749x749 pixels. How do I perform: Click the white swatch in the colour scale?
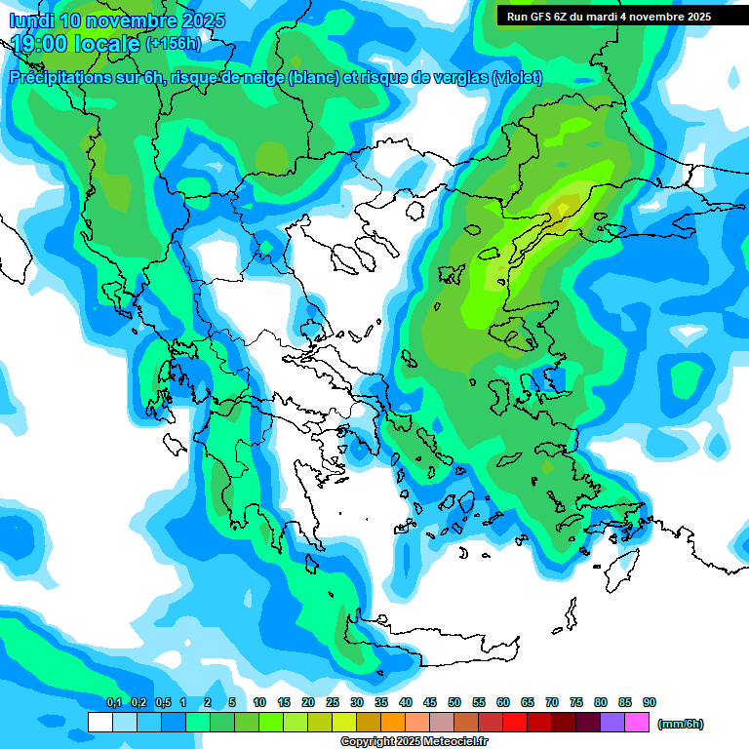99,723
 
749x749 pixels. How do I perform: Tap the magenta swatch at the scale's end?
637,723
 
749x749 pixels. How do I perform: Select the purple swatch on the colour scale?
612,723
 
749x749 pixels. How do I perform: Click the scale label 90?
650,702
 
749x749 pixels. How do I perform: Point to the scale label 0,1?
114,702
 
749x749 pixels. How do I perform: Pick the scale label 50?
454,702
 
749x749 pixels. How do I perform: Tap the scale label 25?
333,702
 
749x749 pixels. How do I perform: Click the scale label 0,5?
162,702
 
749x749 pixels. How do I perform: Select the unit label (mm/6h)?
681,724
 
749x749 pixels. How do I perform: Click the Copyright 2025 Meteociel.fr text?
414,742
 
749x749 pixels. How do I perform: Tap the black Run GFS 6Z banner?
608,17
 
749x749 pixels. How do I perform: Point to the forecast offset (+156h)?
174,43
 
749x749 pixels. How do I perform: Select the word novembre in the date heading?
131,20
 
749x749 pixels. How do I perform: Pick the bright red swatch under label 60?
515,723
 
